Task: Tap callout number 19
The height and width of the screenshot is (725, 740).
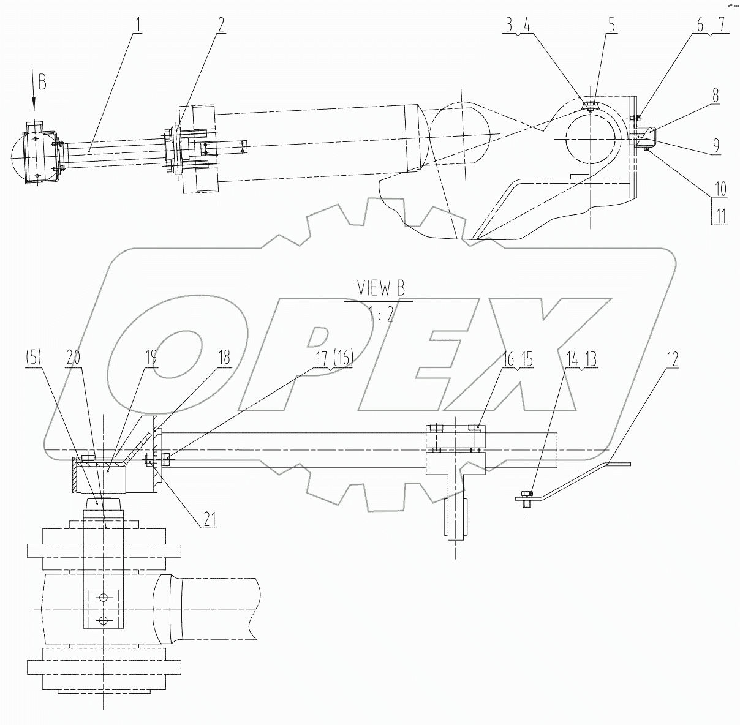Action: [x=151, y=357]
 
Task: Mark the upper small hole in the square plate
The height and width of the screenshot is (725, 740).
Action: [x=103, y=596]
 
